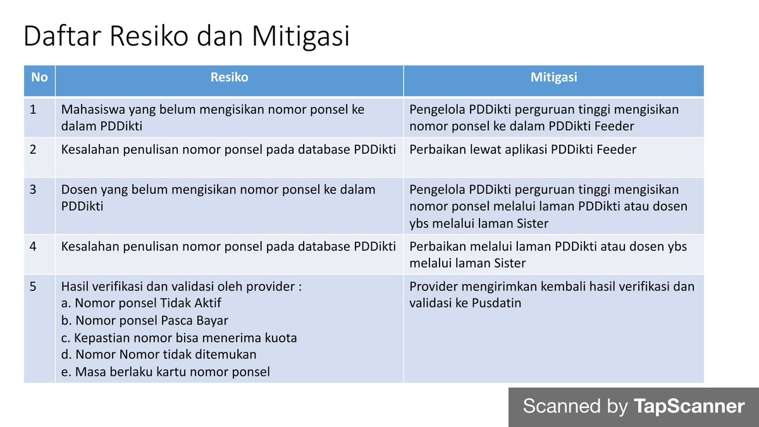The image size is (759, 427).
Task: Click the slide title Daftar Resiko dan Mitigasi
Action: click(x=186, y=37)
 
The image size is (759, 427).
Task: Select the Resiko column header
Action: click(x=229, y=78)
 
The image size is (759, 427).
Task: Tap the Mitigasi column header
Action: click(x=553, y=78)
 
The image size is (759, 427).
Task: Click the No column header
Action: click(x=39, y=78)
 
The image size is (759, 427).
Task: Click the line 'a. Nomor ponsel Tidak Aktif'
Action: click(x=141, y=304)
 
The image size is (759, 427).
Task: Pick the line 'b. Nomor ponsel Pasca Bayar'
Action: click(x=145, y=321)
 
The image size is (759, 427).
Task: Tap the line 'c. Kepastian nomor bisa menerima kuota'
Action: click(x=179, y=338)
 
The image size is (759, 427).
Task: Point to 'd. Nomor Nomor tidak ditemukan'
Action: click(x=159, y=355)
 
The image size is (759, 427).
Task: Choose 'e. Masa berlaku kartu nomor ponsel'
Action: click(x=166, y=372)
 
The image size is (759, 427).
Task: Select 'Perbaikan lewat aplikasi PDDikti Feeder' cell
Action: click(x=522, y=150)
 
